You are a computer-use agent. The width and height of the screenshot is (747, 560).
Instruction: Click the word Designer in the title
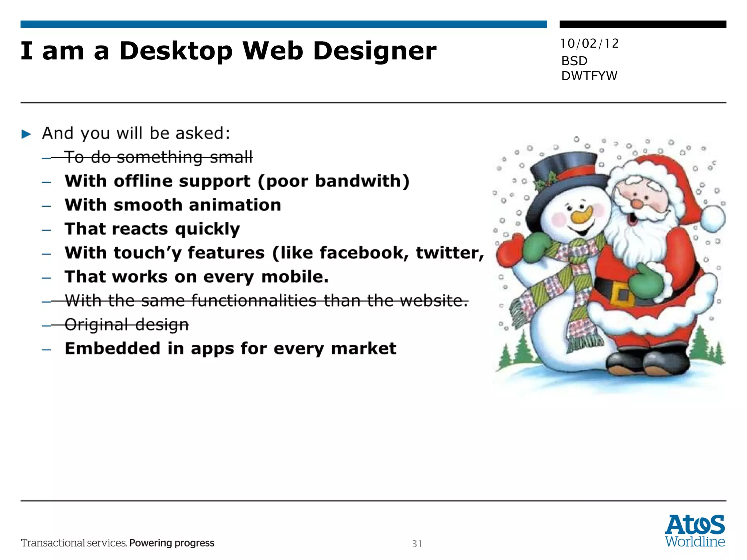coord(375,51)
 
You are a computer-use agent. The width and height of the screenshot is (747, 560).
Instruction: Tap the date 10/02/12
coord(589,44)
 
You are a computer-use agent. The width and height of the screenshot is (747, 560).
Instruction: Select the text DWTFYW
coord(589,76)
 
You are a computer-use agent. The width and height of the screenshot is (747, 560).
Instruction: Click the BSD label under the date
coord(574,61)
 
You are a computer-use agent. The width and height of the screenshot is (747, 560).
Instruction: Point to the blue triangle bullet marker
coord(26,134)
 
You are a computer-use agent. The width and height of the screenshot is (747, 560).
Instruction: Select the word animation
coord(235,205)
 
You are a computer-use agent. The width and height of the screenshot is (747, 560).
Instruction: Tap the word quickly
coord(207,229)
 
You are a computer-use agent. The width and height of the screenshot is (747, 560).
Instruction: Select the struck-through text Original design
coord(127,324)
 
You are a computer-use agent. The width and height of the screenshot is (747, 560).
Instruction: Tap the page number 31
coord(417,544)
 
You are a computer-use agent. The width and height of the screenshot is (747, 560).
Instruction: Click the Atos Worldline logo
coord(694,530)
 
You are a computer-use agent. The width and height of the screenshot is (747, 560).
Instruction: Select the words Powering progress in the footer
coord(171,543)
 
